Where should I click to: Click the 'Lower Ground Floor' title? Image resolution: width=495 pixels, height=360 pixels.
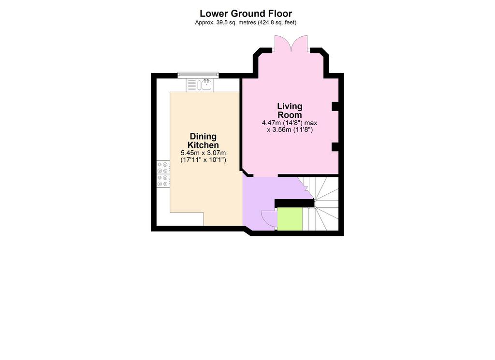click(246, 14)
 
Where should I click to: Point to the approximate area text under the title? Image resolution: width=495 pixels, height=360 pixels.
click(246, 23)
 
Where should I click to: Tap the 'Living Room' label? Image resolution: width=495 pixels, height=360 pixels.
click(290, 111)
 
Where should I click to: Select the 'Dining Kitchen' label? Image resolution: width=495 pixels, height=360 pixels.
click(203, 141)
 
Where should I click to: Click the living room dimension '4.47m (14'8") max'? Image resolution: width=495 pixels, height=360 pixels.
click(290, 123)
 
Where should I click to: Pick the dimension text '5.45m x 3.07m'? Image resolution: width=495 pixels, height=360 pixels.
click(203, 153)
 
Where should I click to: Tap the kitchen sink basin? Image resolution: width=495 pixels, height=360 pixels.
click(206, 85)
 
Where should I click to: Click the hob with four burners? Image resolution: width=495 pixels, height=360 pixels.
click(163, 174)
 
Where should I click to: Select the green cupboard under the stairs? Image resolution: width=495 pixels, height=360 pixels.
click(290, 219)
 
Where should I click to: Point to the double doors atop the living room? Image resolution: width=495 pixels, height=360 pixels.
click(291, 43)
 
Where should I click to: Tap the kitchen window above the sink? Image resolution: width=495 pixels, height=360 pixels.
click(198, 75)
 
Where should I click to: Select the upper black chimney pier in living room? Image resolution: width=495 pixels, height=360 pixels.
click(335, 107)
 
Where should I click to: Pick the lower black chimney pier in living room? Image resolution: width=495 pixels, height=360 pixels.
click(335, 147)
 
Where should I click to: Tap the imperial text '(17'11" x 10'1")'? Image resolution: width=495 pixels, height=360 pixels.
click(203, 160)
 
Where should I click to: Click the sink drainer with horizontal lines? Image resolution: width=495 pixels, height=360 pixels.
click(191, 85)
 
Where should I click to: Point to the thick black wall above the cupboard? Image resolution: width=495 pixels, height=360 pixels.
click(294, 203)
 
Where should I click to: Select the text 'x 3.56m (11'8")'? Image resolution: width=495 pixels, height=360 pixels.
click(290, 130)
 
